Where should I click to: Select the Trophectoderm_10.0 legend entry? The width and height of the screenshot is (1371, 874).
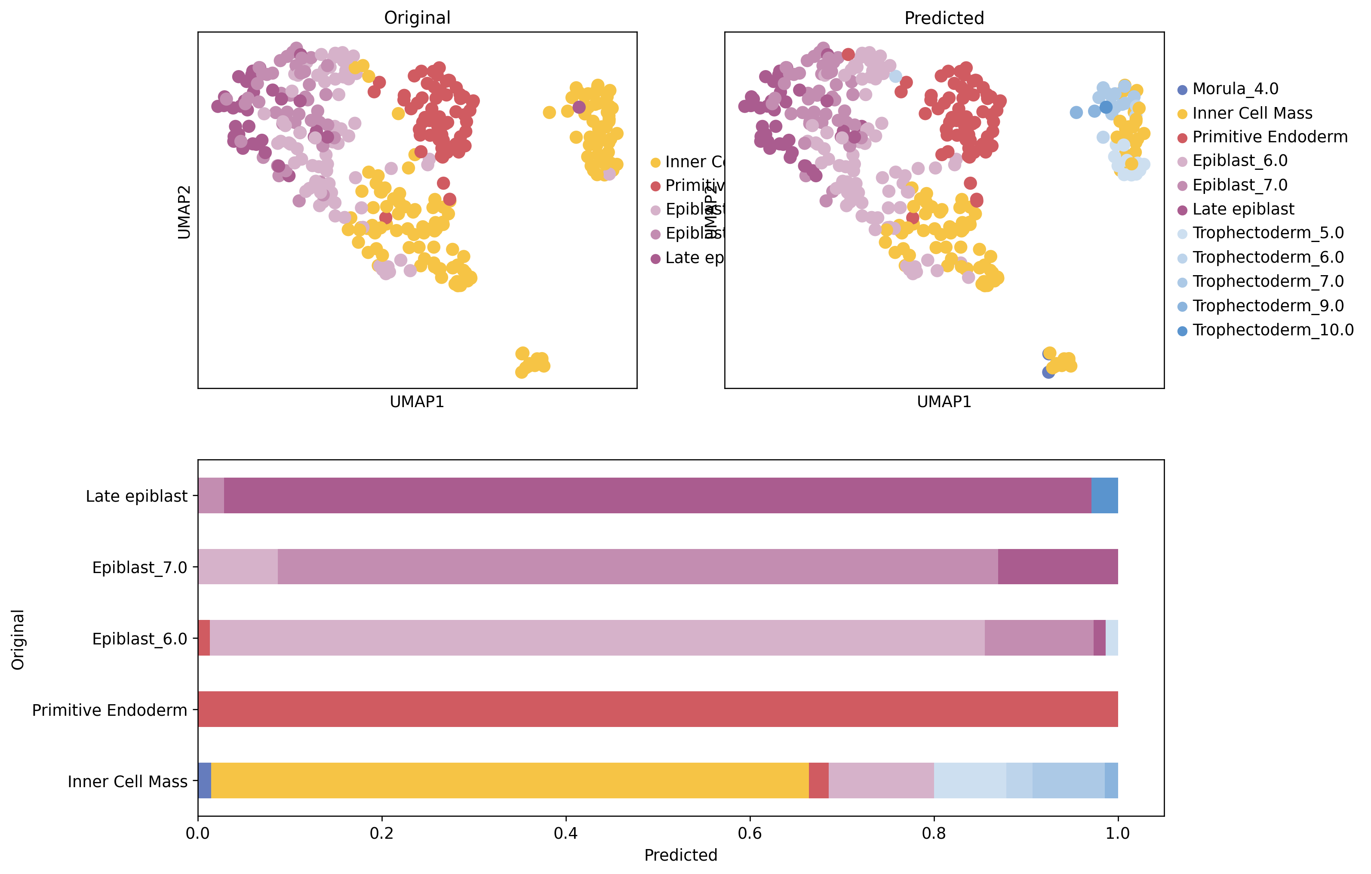pos(1272,331)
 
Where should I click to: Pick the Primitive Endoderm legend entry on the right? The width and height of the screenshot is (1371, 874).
pos(1269,137)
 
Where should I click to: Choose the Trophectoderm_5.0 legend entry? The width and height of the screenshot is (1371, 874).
pos(1267,233)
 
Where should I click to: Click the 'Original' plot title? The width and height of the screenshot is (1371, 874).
pos(417,18)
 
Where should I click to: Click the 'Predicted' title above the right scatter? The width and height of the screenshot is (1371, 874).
pos(944,18)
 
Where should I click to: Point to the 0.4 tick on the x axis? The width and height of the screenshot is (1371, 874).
pos(566,834)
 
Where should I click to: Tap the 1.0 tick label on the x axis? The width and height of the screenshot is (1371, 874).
pos(1117,834)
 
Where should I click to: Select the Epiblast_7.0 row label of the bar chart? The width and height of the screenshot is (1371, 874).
pos(139,567)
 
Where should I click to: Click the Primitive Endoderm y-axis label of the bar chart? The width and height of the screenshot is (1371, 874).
pos(109,710)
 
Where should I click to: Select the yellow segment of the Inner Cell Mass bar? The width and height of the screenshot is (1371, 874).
pos(510,780)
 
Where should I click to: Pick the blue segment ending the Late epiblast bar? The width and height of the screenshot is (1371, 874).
pos(1104,496)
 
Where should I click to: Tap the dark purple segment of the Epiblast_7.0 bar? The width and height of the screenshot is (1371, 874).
pos(1057,567)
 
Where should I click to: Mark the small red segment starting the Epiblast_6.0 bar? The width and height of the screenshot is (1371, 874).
pos(204,638)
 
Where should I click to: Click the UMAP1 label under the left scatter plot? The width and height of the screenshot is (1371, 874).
pos(417,402)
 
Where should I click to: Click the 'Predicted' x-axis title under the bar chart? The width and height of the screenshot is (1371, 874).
pos(680,855)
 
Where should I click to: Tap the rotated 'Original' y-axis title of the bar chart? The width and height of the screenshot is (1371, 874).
pos(18,640)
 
